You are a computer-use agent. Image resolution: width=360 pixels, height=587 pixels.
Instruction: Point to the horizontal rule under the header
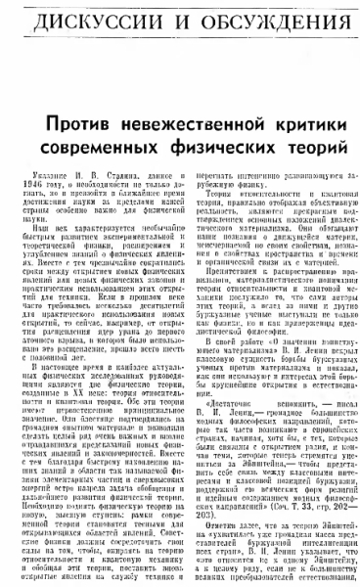(180, 41)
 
